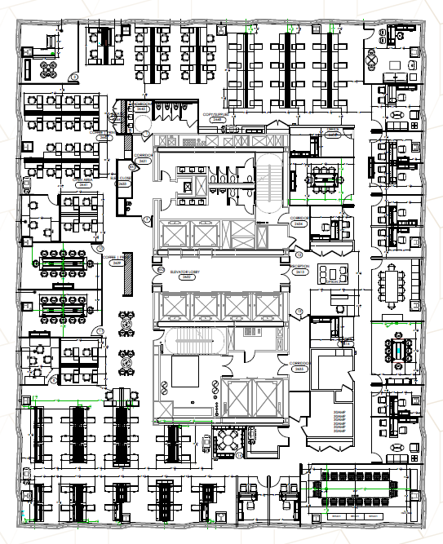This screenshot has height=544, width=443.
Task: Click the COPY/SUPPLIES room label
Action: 215,117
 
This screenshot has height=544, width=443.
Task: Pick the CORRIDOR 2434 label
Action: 299,221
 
